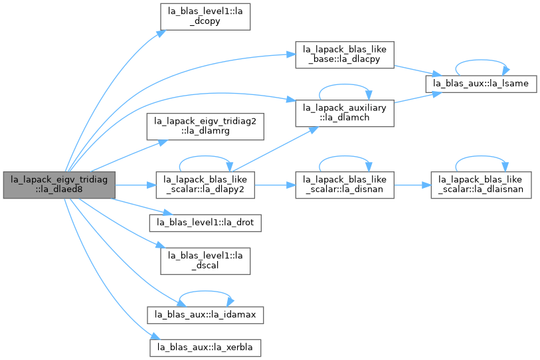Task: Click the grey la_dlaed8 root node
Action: pyautogui.click(x=59, y=185)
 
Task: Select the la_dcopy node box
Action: pyautogui.click(x=205, y=17)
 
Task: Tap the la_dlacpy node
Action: pyautogui.click(x=345, y=55)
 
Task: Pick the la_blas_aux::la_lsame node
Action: pyautogui.click(x=481, y=84)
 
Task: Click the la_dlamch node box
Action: pyautogui.click(x=345, y=114)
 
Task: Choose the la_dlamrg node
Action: pyautogui.click(x=205, y=126)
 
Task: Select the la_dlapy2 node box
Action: pyautogui.click(x=205, y=185)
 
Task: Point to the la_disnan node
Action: pyautogui.click(x=345, y=185)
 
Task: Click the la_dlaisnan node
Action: pyautogui.click(x=481, y=185)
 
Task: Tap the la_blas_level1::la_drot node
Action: pyautogui.click(x=205, y=223)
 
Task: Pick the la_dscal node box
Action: pyautogui.click(x=205, y=261)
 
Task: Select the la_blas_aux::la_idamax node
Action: pyautogui.click(x=205, y=315)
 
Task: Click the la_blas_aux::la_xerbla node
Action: pyautogui.click(x=205, y=348)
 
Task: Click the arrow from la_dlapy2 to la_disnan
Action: pyautogui.click(x=275, y=185)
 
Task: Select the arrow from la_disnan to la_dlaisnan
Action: pyautogui.click(x=412, y=185)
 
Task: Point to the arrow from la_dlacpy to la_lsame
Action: pyautogui.click(x=418, y=70)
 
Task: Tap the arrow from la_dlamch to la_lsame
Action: pyautogui.click(x=418, y=97)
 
